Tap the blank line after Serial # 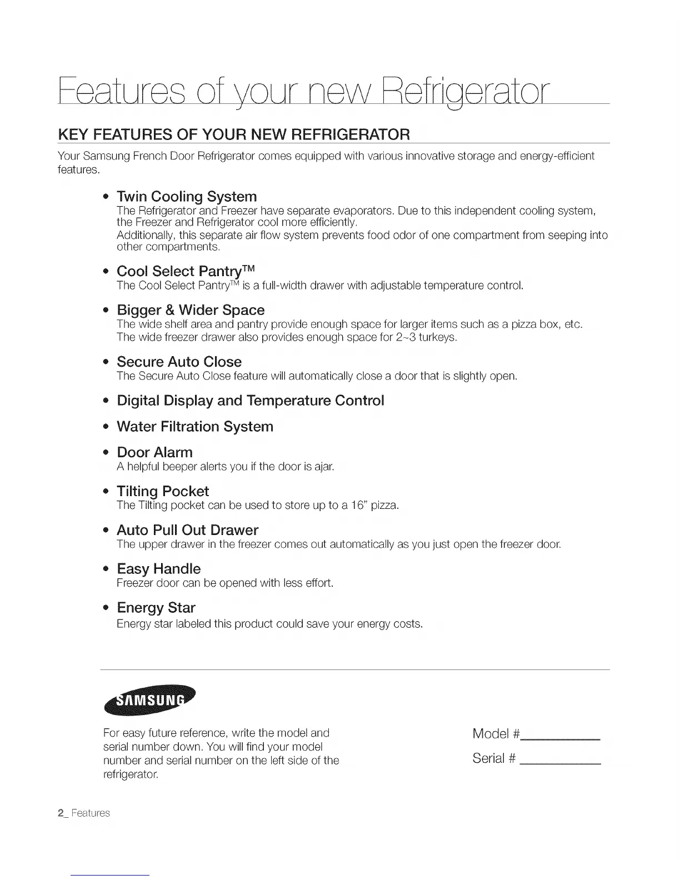click(561, 764)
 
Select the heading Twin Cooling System click(187, 197)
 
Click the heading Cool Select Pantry click(186, 271)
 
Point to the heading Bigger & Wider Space click(191, 310)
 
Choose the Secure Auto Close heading click(179, 362)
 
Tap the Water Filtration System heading click(195, 427)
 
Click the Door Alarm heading click(154, 452)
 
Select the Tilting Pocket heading click(163, 491)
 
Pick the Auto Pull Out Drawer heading click(187, 530)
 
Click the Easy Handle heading click(158, 569)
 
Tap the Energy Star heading click(156, 608)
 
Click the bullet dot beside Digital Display click(105, 401)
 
